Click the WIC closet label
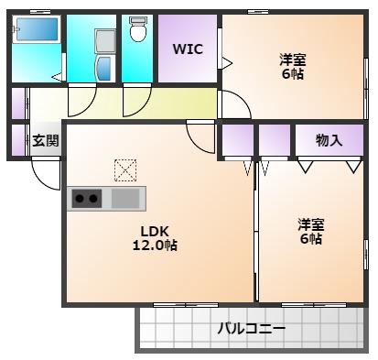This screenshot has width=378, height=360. tap(189, 49)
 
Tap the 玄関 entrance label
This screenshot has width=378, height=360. tap(45, 140)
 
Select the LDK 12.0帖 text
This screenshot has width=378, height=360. tap(158, 238)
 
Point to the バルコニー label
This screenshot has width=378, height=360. tap(251, 328)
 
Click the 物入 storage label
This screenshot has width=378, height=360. tap(328, 140)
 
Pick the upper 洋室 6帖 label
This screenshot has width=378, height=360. tap(293, 67)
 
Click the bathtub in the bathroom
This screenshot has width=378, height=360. tap(38, 30)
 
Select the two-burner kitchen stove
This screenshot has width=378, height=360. tap(87, 198)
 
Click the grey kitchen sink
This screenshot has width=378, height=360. tap(127, 198)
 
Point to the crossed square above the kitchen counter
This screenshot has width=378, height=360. tap(124, 169)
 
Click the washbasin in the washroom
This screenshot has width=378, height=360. tap(103, 66)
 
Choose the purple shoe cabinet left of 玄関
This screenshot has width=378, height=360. tap(18, 140)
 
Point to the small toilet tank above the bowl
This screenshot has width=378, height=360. tap(138, 19)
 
